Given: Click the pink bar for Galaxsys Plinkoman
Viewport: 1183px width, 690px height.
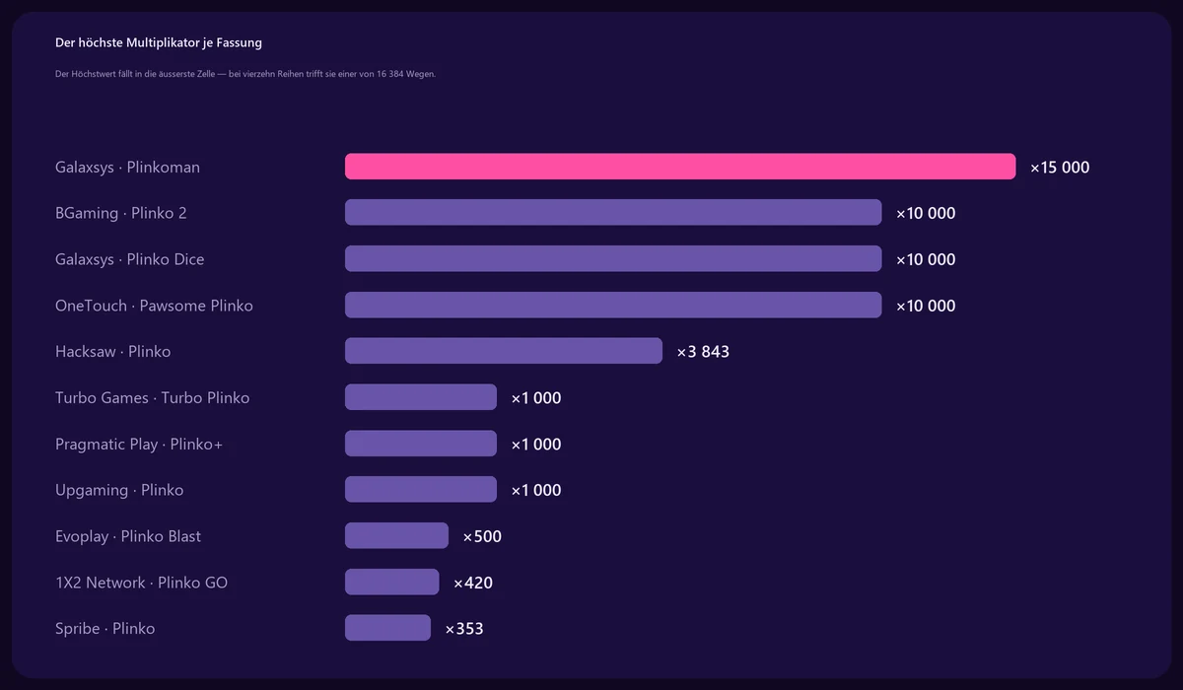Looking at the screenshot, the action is [x=680, y=167].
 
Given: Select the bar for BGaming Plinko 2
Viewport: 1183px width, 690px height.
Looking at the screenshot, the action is [x=613, y=212].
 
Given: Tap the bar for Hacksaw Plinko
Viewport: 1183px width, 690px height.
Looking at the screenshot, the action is [x=504, y=351].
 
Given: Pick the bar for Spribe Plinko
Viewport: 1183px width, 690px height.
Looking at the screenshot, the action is [x=387, y=628].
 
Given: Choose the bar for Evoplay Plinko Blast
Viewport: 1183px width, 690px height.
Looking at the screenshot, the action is [x=396, y=535].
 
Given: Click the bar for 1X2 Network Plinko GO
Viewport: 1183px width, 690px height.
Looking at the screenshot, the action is [x=392, y=582].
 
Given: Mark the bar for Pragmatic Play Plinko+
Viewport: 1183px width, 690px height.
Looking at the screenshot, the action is [x=421, y=443].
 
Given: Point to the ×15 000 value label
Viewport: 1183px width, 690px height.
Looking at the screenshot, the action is [x=1060, y=168].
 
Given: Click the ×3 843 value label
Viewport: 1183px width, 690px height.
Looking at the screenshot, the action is [x=703, y=352].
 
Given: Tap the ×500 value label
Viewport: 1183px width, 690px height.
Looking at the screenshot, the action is [x=482, y=536].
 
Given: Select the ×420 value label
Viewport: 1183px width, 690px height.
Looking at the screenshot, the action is [x=473, y=583].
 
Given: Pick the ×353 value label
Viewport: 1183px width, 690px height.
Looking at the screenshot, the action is [x=464, y=629].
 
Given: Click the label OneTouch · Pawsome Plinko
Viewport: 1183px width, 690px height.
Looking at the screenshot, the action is [x=154, y=306].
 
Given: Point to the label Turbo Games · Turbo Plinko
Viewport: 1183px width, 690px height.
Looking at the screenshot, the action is [x=152, y=397].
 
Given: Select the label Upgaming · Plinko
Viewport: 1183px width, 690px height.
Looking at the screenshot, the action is [x=119, y=491].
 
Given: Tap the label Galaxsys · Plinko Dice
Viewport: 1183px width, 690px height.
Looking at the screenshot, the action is [x=129, y=259].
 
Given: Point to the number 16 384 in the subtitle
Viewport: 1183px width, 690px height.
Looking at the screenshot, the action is [x=389, y=74].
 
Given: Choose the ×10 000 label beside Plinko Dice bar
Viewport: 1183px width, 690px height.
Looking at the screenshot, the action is [x=926, y=260].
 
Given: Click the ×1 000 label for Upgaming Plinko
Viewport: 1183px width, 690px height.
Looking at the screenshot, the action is [x=536, y=491].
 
